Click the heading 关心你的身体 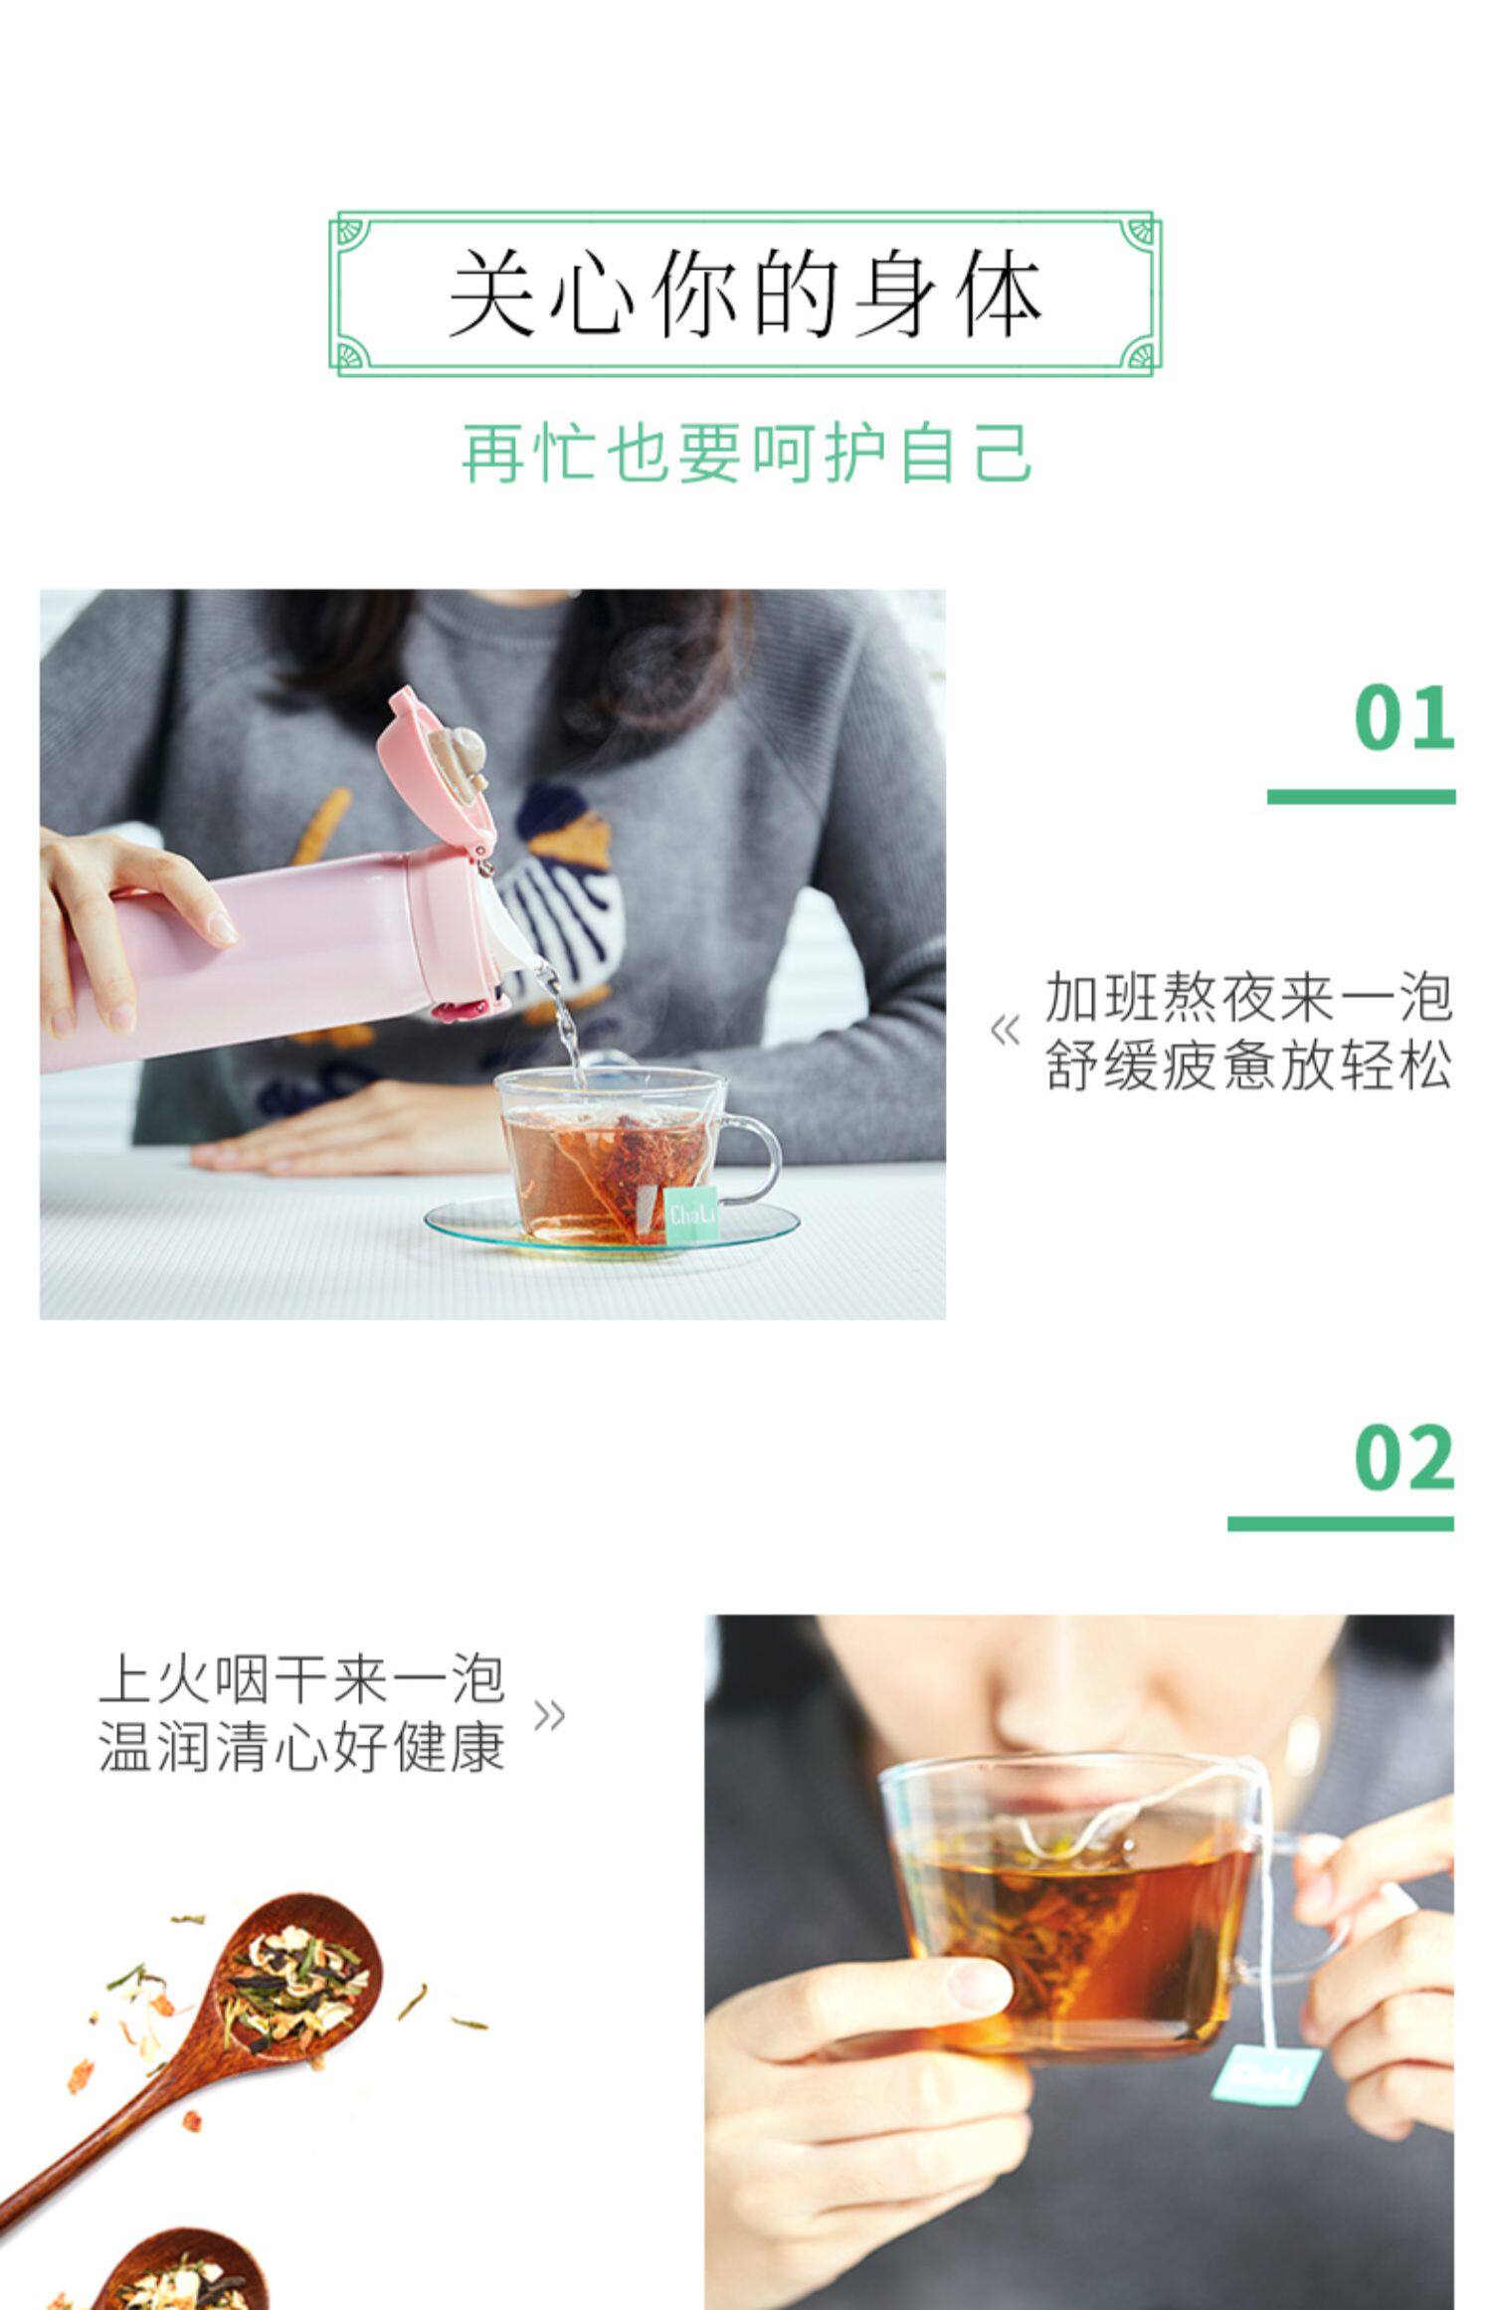pyautogui.click(x=745, y=293)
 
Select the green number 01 pyautogui.click(x=1403, y=718)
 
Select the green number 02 pyautogui.click(x=1403, y=1457)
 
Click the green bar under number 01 pyautogui.click(x=1361, y=796)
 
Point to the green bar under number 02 pyautogui.click(x=1341, y=1523)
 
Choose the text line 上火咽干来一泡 pyautogui.click(x=302, y=1679)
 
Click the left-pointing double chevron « pyautogui.click(x=1006, y=1031)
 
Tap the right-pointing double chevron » pyautogui.click(x=550, y=1715)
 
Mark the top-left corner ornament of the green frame pyautogui.click(x=350, y=232)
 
